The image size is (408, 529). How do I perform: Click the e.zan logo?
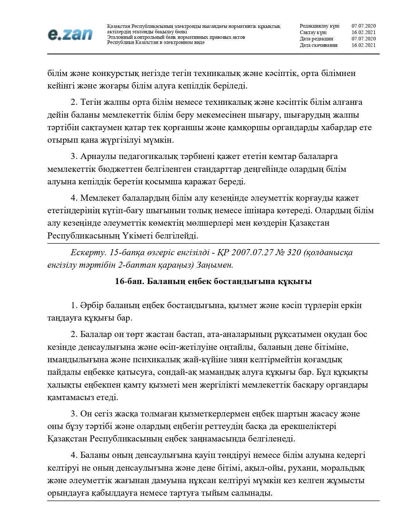pyautogui.click(x=70, y=34)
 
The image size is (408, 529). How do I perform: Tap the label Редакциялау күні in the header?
pyautogui.click(x=319, y=26)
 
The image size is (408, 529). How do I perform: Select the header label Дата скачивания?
pyautogui.click(x=318, y=45)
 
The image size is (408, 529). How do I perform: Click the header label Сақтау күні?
pyautogui.click(x=313, y=32)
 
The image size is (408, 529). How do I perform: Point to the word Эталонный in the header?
pyautogui.click(x=119, y=37)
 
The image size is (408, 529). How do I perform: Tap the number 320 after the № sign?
pyautogui.click(x=294, y=253)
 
